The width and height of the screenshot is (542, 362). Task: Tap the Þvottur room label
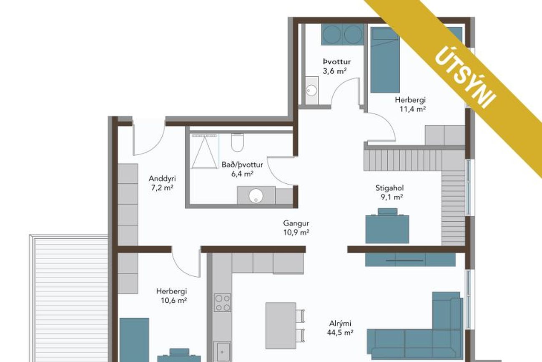pos(336,62)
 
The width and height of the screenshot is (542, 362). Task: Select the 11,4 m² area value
pos(412,109)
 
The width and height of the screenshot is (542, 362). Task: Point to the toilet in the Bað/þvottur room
pos(237,142)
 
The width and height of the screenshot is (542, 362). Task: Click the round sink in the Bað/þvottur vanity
pos(256,195)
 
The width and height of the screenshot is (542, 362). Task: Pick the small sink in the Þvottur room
pos(311,91)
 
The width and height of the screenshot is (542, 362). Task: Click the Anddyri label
pos(162,179)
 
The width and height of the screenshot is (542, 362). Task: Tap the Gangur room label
pos(296,223)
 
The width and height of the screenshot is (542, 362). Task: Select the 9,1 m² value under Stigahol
pos(392,197)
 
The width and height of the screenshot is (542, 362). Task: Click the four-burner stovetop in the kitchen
pos(222,302)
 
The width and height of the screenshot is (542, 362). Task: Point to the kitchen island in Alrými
pos(281,325)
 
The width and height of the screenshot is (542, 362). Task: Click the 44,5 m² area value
pos(340,333)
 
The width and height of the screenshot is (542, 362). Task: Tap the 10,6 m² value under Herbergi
pos(174,301)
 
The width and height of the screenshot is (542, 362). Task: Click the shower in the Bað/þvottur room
pos(204,152)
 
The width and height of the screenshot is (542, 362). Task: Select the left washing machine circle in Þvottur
pos(332,35)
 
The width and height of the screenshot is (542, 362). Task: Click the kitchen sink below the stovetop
pos(222,351)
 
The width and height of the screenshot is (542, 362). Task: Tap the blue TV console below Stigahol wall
pos(410,260)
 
